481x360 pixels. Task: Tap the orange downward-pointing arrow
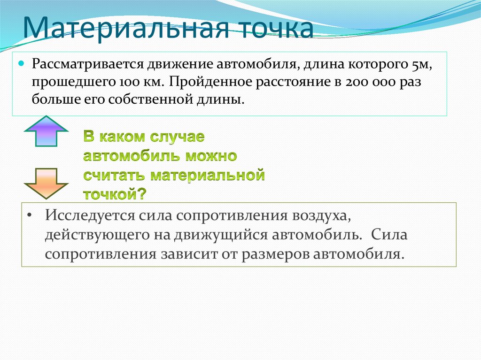tap(46, 182)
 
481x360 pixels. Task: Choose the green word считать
tap(115, 176)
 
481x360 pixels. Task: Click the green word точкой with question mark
tap(115, 194)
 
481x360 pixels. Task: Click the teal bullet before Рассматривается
tap(21, 62)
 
